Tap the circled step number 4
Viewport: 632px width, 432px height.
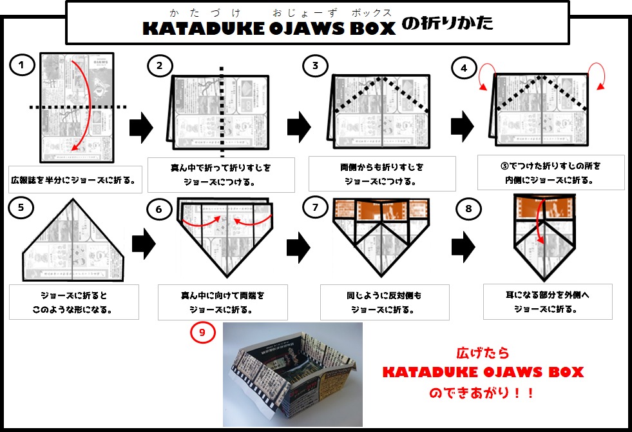[x=464, y=69]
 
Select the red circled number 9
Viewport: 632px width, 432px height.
[x=202, y=332]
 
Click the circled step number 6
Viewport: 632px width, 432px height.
[x=158, y=209]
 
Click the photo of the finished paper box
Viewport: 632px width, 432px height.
[x=292, y=374]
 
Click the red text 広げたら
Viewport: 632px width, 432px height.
[x=483, y=353]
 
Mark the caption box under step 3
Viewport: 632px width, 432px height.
[x=382, y=173]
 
